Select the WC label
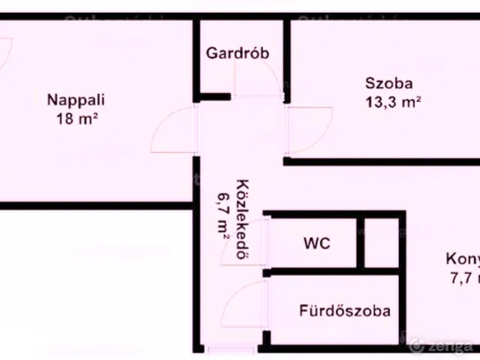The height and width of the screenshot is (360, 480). pos(316,244)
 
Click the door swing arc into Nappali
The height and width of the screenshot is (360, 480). pos(171,129)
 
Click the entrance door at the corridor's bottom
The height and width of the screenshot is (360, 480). pos(225,349)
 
